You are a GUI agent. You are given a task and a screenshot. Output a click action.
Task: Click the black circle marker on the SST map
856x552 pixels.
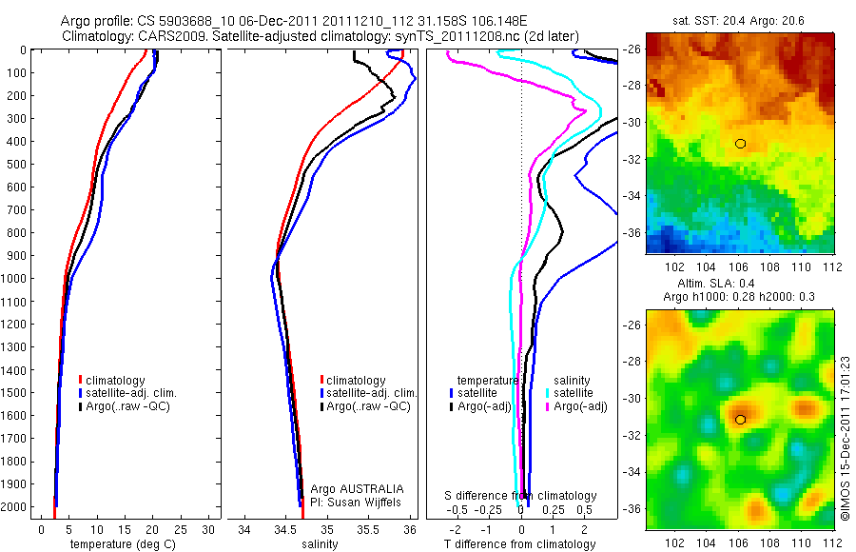tap(740, 144)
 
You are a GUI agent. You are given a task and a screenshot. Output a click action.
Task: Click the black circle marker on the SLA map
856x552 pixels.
tap(740, 419)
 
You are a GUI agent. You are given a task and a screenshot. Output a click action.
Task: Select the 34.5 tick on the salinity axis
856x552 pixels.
tap(285, 528)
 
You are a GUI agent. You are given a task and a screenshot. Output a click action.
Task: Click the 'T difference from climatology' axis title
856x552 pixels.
tap(520, 544)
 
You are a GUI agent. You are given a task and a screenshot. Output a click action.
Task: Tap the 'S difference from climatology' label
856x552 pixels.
tap(520, 496)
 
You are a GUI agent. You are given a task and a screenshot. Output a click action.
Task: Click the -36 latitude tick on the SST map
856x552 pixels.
tap(632, 231)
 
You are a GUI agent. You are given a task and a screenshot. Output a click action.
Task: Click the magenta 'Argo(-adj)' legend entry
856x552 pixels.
tap(579, 406)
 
